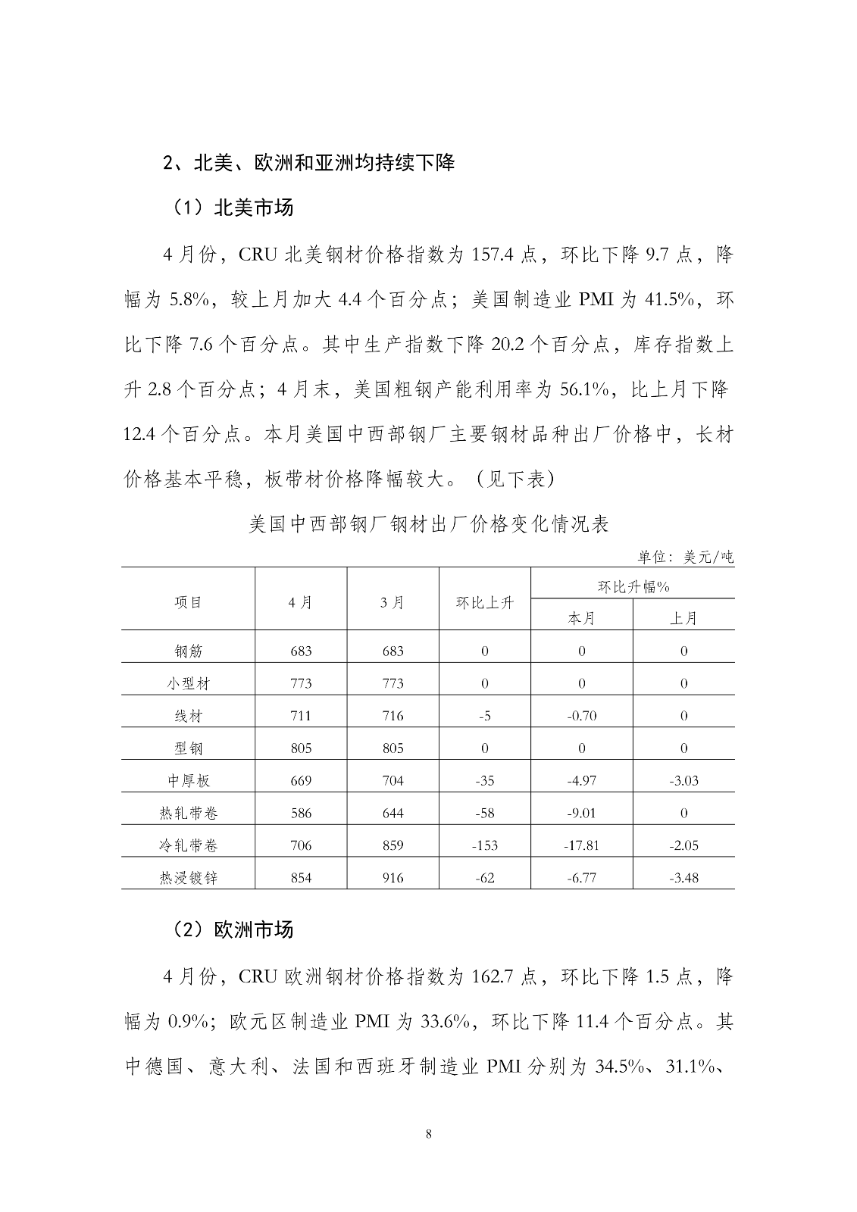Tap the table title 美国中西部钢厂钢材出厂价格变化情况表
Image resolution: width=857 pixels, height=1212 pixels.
pyautogui.click(x=428, y=524)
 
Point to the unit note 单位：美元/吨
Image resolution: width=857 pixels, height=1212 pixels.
pyautogui.click(x=685, y=558)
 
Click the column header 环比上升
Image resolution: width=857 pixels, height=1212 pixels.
pyautogui.click(x=484, y=602)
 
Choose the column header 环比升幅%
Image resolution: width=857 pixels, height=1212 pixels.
pyautogui.click(x=633, y=586)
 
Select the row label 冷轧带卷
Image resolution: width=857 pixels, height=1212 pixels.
pyautogui.click(x=188, y=845)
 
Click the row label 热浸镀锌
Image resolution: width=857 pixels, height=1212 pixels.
pyautogui.click(x=188, y=878)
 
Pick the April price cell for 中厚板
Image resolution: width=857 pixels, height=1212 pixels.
pyautogui.click(x=301, y=781)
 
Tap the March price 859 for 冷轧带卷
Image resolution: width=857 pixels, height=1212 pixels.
pyautogui.click(x=393, y=845)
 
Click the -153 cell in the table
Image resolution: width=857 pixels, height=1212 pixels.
pyautogui.click(x=485, y=845)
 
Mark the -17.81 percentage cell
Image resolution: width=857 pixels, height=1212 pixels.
pyautogui.click(x=582, y=845)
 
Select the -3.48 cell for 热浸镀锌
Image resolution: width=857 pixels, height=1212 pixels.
pyautogui.click(x=683, y=878)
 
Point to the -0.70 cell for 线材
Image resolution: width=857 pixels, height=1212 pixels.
pyautogui.click(x=582, y=716)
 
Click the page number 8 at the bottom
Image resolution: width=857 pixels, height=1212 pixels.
pyautogui.click(x=429, y=1134)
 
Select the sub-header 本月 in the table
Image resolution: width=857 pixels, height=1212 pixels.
pyautogui.click(x=582, y=618)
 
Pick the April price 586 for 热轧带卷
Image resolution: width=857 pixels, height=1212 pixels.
pyautogui.click(x=301, y=814)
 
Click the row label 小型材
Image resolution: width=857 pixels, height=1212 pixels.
pyautogui.click(x=188, y=683)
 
